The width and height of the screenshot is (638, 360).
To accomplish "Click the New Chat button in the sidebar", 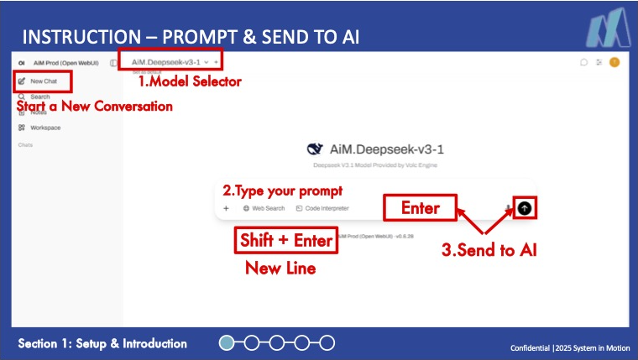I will click(43, 81).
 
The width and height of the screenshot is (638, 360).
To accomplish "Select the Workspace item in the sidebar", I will click(45, 128).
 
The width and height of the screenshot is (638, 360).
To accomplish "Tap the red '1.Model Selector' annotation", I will click(190, 81).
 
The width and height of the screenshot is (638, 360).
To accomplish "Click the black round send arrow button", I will click(526, 208).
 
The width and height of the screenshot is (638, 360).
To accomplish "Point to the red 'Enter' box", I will click(420, 207).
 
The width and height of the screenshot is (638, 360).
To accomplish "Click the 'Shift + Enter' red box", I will click(287, 241).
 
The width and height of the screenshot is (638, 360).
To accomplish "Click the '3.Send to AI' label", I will click(489, 249).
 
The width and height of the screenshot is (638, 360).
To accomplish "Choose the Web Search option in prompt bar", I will click(264, 208).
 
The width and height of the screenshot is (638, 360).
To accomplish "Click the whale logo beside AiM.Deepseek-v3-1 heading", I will click(315, 149).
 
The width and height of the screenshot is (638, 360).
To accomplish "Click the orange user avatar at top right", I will click(614, 62).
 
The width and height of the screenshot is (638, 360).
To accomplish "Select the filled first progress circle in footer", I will click(227, 342).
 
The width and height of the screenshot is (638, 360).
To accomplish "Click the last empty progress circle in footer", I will click(327, 342).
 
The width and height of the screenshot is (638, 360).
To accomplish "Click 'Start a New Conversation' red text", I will click(95, 107).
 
